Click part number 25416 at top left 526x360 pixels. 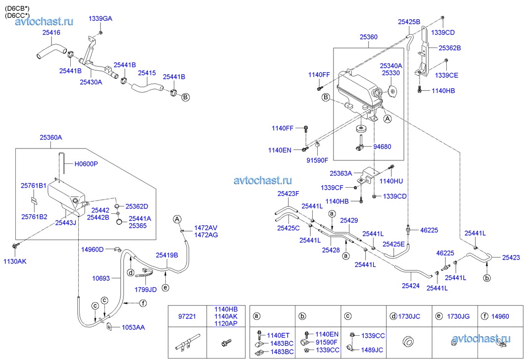pos(51,33)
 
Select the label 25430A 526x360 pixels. pos(91,82)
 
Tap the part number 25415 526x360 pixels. pos(146,73)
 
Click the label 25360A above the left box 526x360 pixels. pos(51,138)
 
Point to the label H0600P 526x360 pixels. pos(86,164)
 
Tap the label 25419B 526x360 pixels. pos(167,255)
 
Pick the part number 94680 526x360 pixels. pos(383,147)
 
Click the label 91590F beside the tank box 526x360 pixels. pos(317,160)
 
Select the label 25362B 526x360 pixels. pos(449,48)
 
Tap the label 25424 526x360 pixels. pos(410,285)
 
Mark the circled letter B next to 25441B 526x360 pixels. pos(186,97)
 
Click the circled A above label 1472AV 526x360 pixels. pos(177,219)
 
